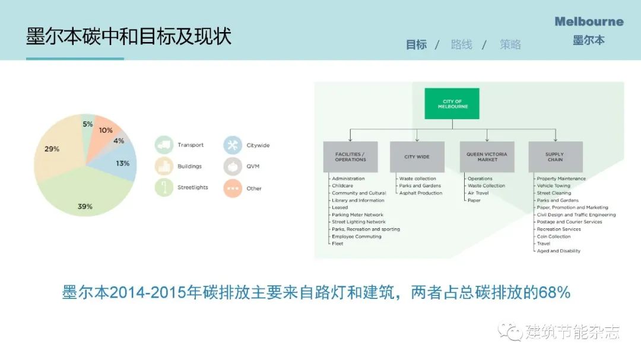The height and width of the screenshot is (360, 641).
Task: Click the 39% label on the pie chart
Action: [x=85, y=206]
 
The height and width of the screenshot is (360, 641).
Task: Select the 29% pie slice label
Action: [x=52, y=149]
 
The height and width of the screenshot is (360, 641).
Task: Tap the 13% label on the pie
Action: [x=123, y=163]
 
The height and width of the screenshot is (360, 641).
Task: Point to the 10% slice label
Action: [x=106, y=130]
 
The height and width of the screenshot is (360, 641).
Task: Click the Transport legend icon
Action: [x=164, y=145]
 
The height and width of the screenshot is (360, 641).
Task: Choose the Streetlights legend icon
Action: [x=164, y=187]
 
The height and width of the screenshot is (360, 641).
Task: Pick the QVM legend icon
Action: [x=233, y=166]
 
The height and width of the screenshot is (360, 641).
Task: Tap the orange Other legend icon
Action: [x=233, y=189]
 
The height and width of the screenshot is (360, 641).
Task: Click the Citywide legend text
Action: [x=258, y=145]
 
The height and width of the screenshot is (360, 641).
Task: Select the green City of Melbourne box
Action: [x=452, y=104]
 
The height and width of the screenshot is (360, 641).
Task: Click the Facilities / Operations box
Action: [x=350, y=157]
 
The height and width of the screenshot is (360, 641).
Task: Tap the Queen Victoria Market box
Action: [x=487, y=157]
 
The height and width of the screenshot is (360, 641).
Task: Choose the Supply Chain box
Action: [x=555, y=157]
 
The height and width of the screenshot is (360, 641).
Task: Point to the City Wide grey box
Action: [x=417, y=157]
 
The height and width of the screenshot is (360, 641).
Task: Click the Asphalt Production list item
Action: [x=421, y=193]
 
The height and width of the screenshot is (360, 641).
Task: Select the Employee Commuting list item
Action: [x=357, y=237]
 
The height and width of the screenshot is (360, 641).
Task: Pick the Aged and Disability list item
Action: [x=559, y=251]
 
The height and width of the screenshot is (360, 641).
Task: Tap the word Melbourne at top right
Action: [x=589, y=22]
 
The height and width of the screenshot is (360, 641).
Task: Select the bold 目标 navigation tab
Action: [x=416, y=44]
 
